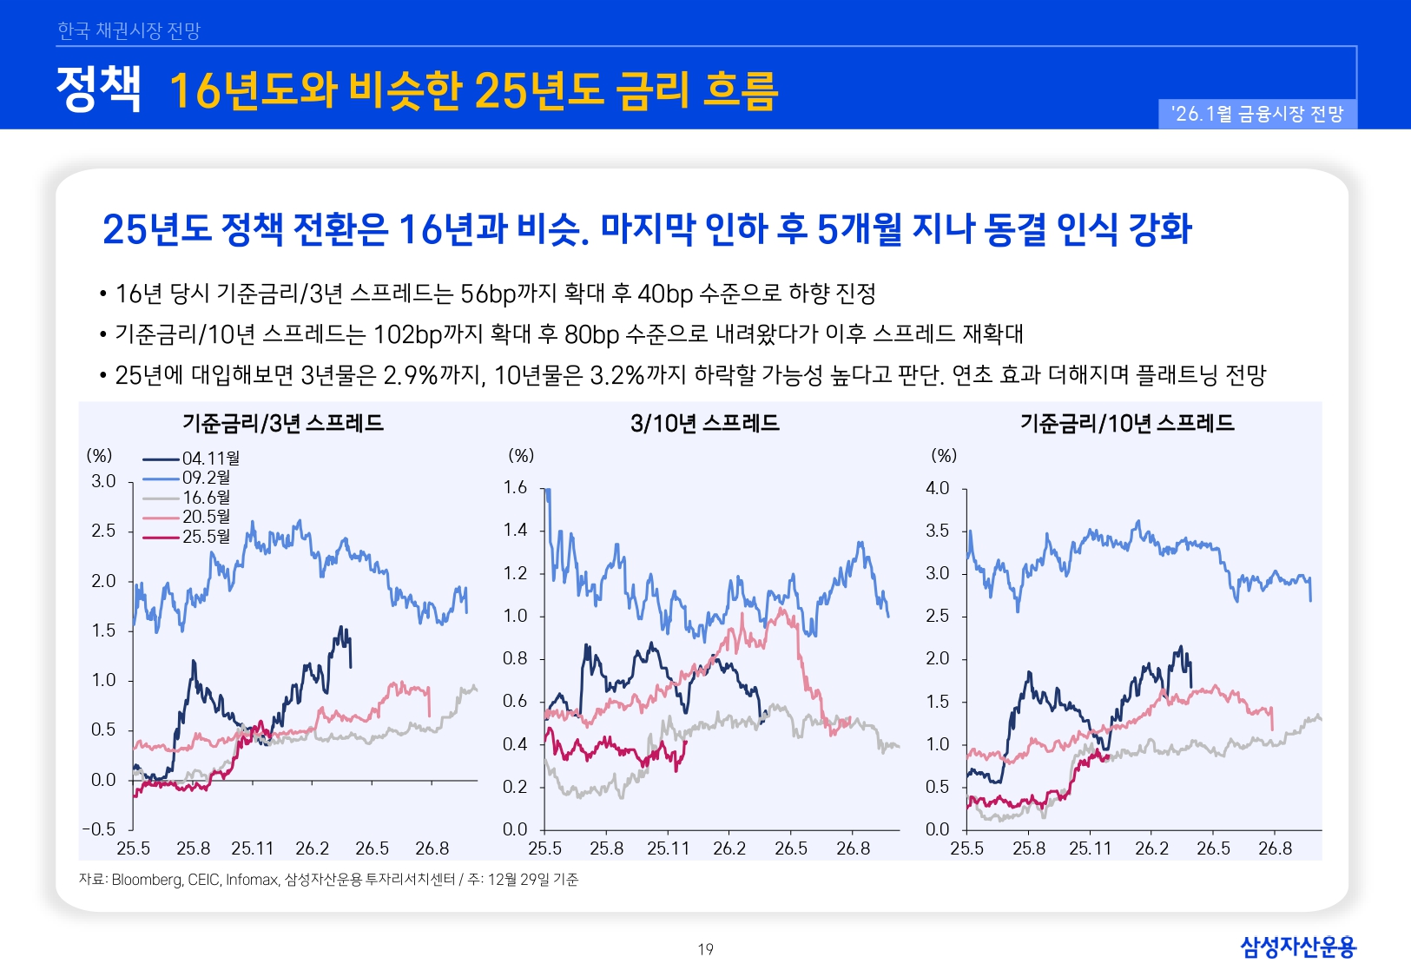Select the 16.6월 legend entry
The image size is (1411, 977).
206,498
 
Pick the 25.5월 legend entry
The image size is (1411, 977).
206,537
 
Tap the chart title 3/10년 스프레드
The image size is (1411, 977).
704,424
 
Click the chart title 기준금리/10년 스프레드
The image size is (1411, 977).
1127,424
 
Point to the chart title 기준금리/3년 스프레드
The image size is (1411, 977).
282,424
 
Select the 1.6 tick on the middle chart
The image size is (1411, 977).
515,488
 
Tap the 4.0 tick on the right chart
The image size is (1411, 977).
937,488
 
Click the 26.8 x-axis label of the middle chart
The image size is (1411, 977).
853,848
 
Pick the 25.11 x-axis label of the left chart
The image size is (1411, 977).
252,848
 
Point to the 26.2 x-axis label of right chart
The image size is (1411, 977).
1151,848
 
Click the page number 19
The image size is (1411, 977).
705,949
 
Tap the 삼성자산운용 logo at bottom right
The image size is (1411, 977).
1297,947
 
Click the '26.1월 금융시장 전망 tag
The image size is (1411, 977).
1256,114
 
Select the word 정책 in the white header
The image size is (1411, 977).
98,89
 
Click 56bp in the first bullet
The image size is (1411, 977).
488,294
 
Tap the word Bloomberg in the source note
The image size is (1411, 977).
147,880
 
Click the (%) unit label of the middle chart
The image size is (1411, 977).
521,455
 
